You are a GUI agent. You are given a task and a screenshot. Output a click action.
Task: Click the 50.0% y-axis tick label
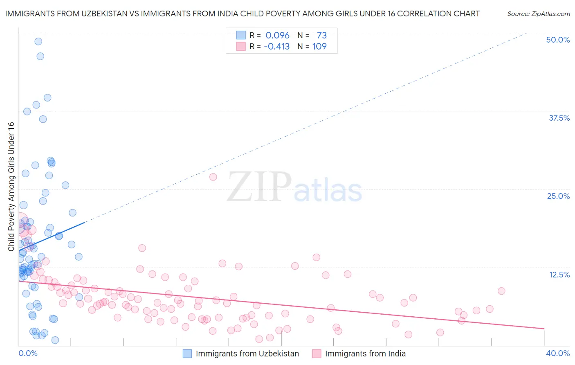[x=558, y=40]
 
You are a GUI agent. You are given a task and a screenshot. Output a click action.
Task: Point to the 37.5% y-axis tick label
[x=559, y=118]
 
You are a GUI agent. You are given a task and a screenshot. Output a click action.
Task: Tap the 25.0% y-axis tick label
[x=558, y=196]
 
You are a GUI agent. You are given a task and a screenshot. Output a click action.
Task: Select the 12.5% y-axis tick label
[x=559, y=275]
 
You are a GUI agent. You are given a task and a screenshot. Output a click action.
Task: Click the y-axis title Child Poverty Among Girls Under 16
[x=11, y=187]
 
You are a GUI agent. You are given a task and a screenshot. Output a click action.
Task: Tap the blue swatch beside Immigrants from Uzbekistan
[x=187, y=354]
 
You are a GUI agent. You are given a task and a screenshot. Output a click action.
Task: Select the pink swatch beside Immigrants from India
[x=317, y=354]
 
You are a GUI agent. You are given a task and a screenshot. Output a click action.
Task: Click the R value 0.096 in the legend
[x=277, y=36]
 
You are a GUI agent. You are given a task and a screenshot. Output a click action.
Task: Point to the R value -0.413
[x=276, y=47]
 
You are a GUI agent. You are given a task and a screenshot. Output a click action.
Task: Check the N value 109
[x=319, y=47]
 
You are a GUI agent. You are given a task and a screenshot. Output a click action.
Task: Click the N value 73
[x=321, y=36]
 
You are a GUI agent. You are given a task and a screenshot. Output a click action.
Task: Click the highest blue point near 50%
[x=38, y=41]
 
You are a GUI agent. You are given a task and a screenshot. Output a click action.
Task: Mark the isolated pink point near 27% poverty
[x=213, y=177]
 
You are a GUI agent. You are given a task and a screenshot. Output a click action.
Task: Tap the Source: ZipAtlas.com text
[x=538, y=14]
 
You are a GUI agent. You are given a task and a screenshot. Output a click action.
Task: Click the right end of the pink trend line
[x=544, y=329]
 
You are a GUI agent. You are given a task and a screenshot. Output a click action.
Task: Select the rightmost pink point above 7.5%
[x=501, y=291]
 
